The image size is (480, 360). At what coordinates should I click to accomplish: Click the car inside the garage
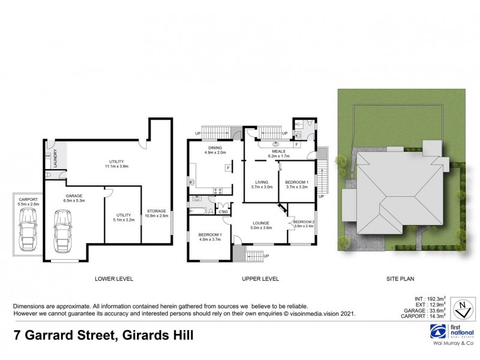pos(61,231)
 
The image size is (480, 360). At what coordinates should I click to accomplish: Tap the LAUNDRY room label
pos(56,158)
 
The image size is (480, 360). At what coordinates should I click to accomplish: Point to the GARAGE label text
pos(73,195)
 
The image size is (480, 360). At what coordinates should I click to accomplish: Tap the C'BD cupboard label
pos(223,212)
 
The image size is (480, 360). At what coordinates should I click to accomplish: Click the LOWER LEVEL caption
pos(114,279)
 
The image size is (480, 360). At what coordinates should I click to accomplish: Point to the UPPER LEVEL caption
pos(260,279)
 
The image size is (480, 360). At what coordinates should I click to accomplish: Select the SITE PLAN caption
pos(400,279)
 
